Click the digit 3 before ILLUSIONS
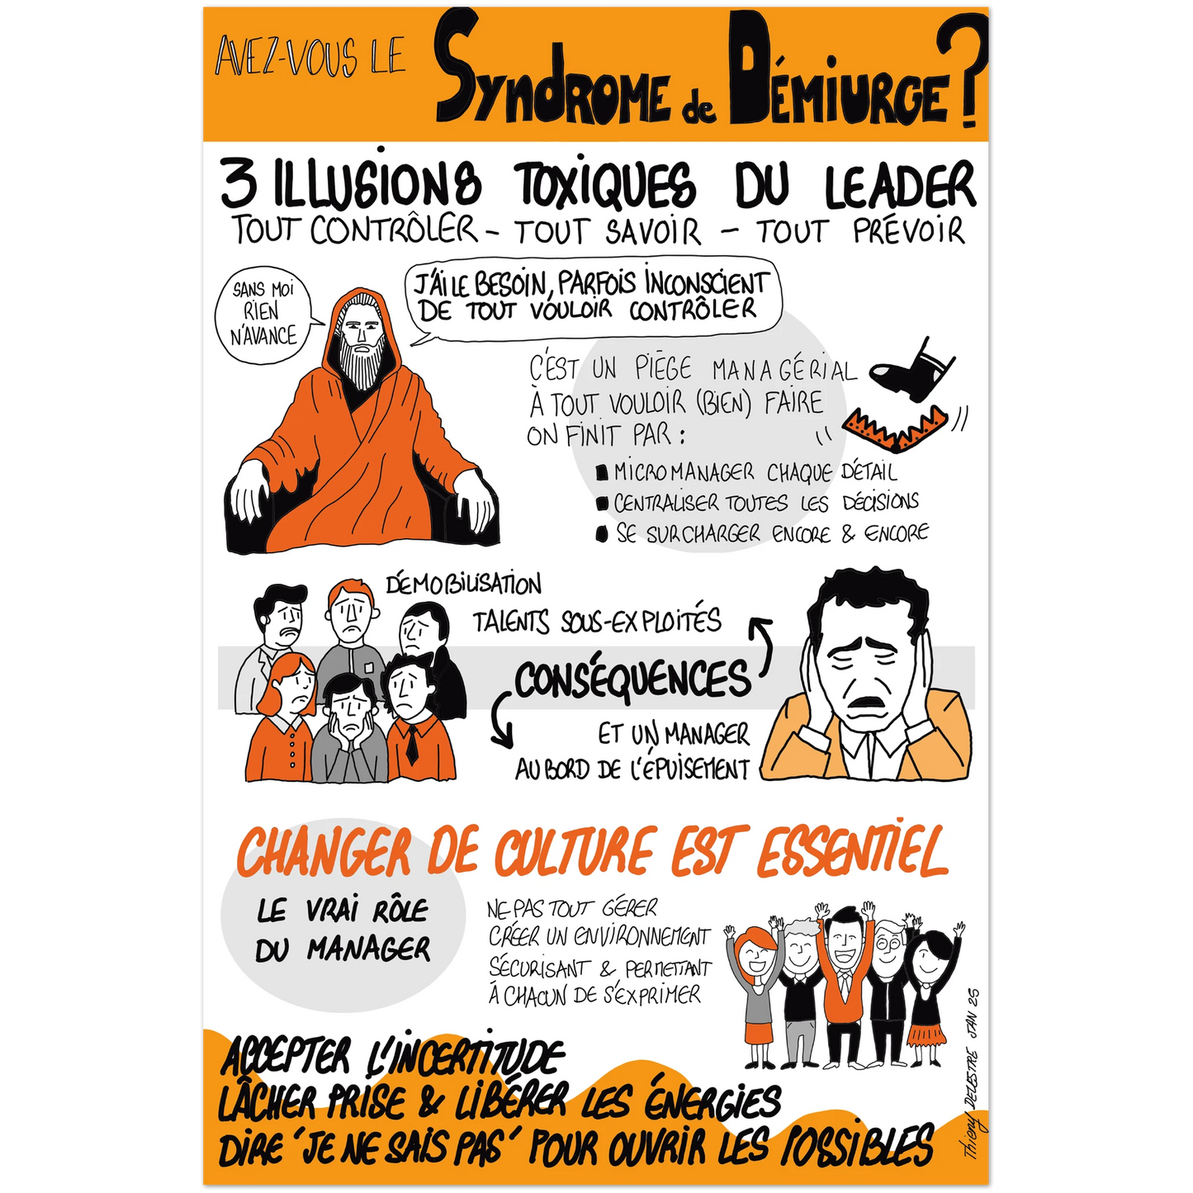point(239,184)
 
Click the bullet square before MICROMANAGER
point(600,474)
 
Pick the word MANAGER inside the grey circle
point(369,950)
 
